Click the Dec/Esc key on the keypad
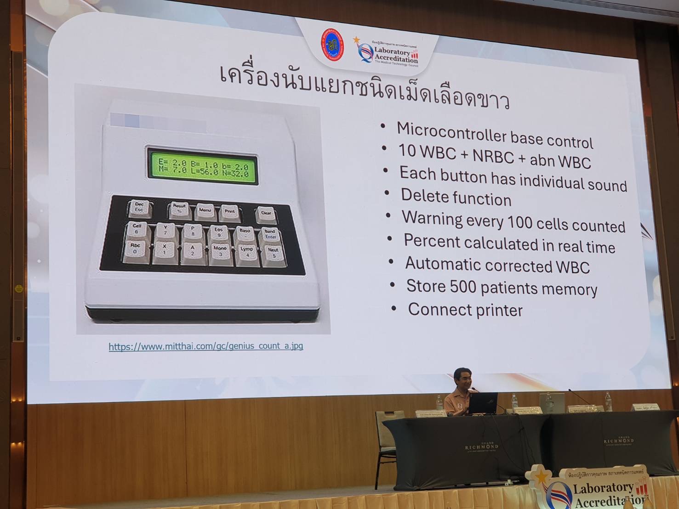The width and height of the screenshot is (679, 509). coord(139,207)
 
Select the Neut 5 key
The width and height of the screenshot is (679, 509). coord(273,253)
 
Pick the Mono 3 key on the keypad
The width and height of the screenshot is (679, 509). coord(220,251)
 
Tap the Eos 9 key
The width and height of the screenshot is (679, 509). coord(218,232)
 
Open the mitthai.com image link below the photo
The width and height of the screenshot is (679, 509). coord(205,346)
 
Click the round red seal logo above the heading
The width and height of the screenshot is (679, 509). coord(332,47)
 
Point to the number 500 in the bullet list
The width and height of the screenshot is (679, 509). coord(462,287)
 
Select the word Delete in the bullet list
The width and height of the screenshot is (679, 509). coord(424,196)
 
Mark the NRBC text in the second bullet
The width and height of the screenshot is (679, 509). coord(493,156)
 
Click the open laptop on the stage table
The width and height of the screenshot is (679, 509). coord(483,403)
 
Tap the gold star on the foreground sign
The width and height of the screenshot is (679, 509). coord(542,476)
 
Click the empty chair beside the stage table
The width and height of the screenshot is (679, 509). coord(386,427)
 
